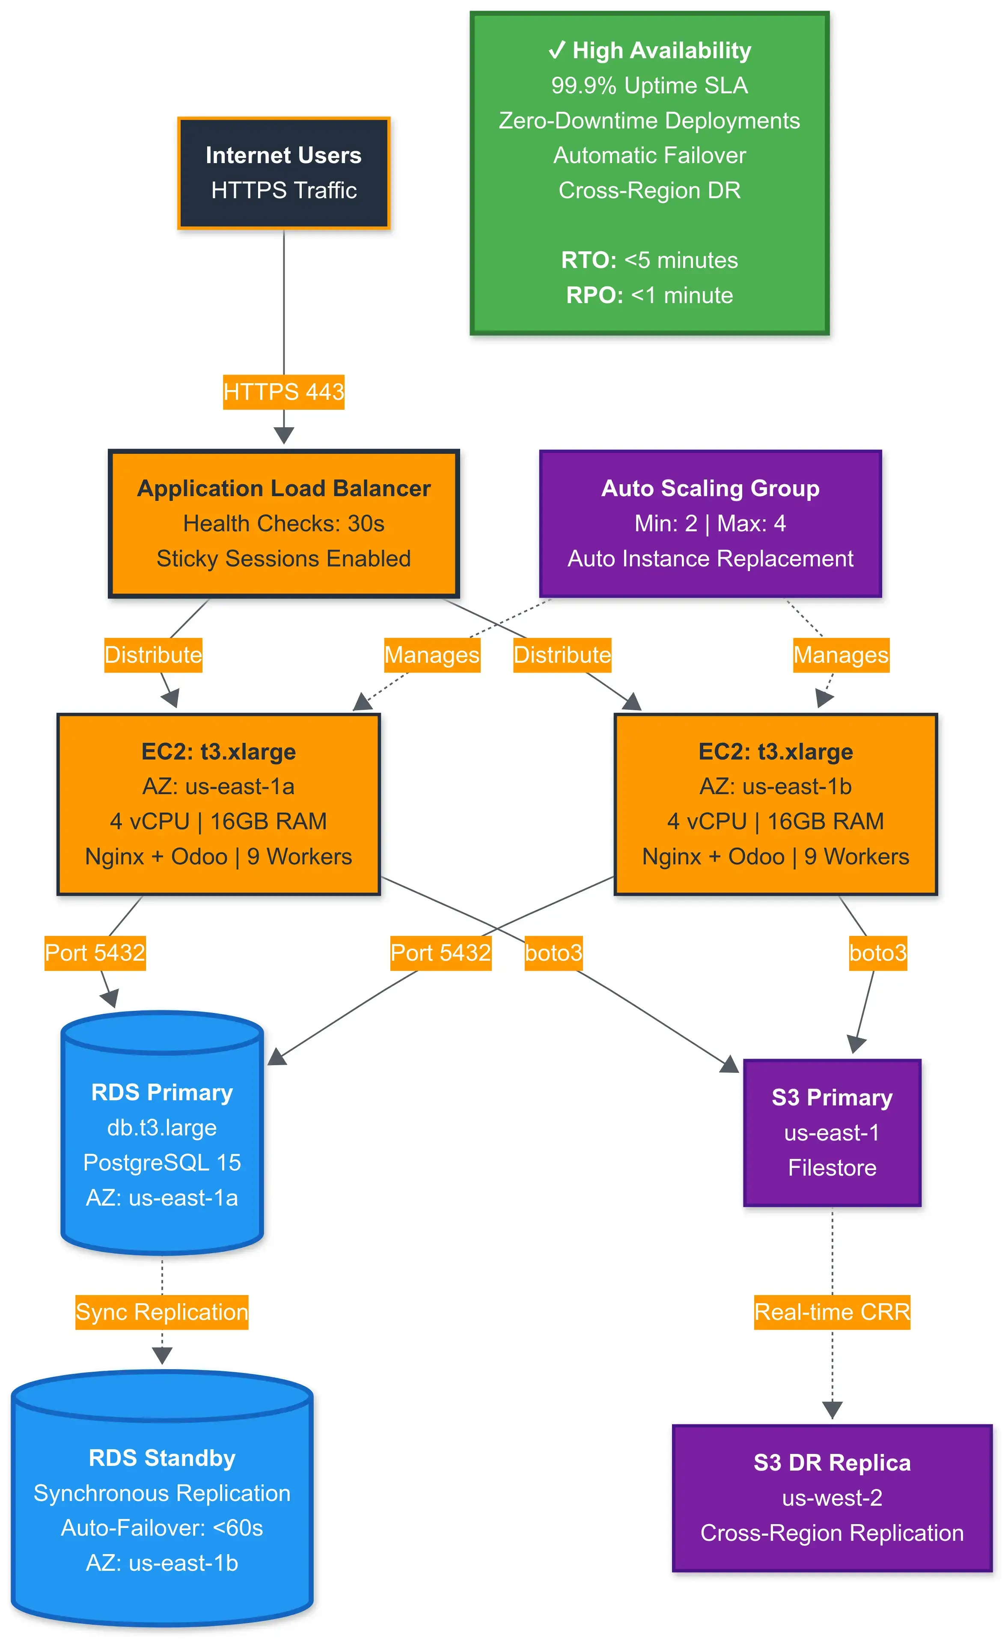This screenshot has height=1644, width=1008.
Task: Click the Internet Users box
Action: pyautogui.click(x=283, y=173)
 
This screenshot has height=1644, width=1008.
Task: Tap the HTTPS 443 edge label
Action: pyautogui.click(x=283, y=392)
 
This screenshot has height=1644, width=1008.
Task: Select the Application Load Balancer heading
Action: pyautogui.click(x=283, y=488)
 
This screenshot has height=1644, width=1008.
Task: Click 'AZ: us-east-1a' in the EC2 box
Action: pyautogui.click(x=218, y=786)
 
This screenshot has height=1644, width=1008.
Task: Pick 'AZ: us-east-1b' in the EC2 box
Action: pyautogui.click(x=775, y=786)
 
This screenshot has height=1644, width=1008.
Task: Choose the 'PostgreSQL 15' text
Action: pyautogui.click(x=162, y=1163)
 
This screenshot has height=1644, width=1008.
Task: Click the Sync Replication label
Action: pyautogui.click(x=162, y=1312)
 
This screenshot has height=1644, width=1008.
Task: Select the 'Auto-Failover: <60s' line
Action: pyautogui.click(x=162, y=1528)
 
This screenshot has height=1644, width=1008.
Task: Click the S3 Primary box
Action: pyautogui.click(x=832, y=1133)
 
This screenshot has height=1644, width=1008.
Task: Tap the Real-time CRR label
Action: pyautogui.click(x=832, y=1312)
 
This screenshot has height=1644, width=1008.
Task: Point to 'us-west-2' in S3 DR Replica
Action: pyautogui.click(x=832, y=1498)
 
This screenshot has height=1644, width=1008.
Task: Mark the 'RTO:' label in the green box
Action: pyautogui.click(x=589, y=260)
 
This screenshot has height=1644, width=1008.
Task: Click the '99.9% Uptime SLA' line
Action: pyautogui.click(x=649, y=85)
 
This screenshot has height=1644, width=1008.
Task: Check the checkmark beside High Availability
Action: pyautogui.click(x=556, y=51)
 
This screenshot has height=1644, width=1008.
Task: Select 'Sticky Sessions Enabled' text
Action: pyautogui.click(x=283, y=558)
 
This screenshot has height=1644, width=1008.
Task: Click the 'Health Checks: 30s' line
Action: pyautogui.click(x=283, y=524)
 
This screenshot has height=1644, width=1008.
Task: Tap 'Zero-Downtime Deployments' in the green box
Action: pyautogui.click(x=649, y=121)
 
